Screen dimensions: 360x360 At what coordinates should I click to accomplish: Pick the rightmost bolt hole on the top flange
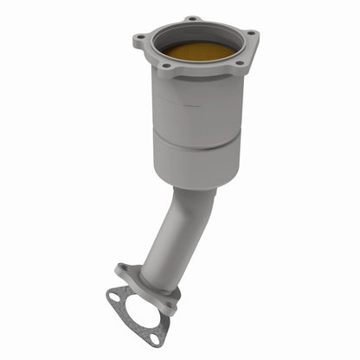[251, 34]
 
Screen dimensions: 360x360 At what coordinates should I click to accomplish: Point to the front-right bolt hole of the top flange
[239, 62]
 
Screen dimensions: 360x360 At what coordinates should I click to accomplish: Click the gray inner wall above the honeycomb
[197, 35]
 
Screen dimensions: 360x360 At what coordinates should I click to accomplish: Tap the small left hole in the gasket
[113, 298]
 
